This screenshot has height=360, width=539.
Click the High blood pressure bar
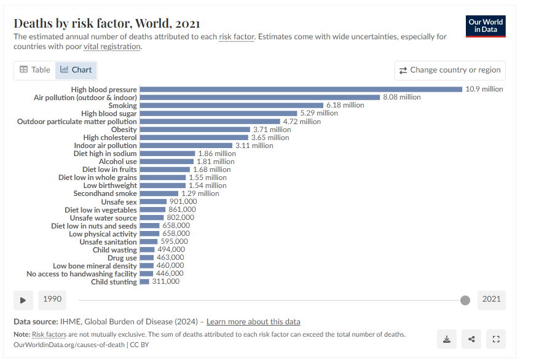tap(301, 89)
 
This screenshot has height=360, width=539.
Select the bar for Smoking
tap(232, 105)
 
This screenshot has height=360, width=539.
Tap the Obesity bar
tap(195, 130)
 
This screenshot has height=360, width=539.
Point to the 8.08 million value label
tap(402, 97)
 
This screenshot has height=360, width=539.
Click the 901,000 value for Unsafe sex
tap(183, 202)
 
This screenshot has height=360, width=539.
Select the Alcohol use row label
tap(118, 162)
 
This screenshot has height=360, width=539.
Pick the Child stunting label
tap(114, 282)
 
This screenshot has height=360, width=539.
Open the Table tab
tap(35, 70)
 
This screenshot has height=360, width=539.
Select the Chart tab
tap(76, 70)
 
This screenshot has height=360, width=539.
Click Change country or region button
tap(450, 70)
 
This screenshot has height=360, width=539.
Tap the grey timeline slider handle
tap(465, 300)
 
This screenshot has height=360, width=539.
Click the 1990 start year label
tap(52, 299)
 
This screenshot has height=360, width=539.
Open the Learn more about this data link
tap(253, 322)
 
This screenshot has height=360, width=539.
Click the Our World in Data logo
tap(486, 25)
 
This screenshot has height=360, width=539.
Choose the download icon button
tap(447, 338)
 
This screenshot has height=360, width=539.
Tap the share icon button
tap(471, 338)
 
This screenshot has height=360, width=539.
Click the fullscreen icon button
tap(495, 338)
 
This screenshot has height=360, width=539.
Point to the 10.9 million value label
tap(484, 89)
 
